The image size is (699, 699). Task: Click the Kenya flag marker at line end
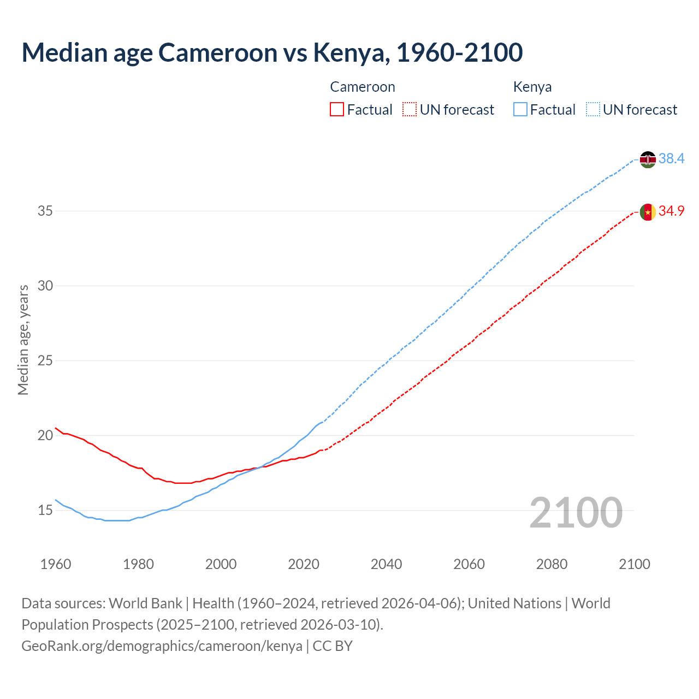648,159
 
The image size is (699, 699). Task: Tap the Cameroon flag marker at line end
648,212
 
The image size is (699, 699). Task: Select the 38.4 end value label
671,158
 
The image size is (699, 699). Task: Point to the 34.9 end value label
671,211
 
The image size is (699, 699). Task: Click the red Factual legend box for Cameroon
337,110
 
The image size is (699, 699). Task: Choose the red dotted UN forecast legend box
410,110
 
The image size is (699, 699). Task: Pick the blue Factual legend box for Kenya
520,110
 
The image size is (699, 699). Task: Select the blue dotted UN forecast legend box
593,110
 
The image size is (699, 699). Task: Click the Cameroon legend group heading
362,87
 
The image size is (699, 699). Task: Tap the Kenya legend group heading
532,87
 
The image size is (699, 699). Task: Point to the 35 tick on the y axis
45,211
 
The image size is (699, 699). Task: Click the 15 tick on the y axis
45,511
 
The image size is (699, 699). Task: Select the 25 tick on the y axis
45,360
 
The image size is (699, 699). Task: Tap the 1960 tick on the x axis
56,564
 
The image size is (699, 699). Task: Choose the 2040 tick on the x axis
386,564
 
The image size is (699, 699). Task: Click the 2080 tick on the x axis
552,564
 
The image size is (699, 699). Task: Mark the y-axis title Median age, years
23,340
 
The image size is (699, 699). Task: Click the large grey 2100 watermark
576,512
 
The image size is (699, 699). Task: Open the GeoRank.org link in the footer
162,646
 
